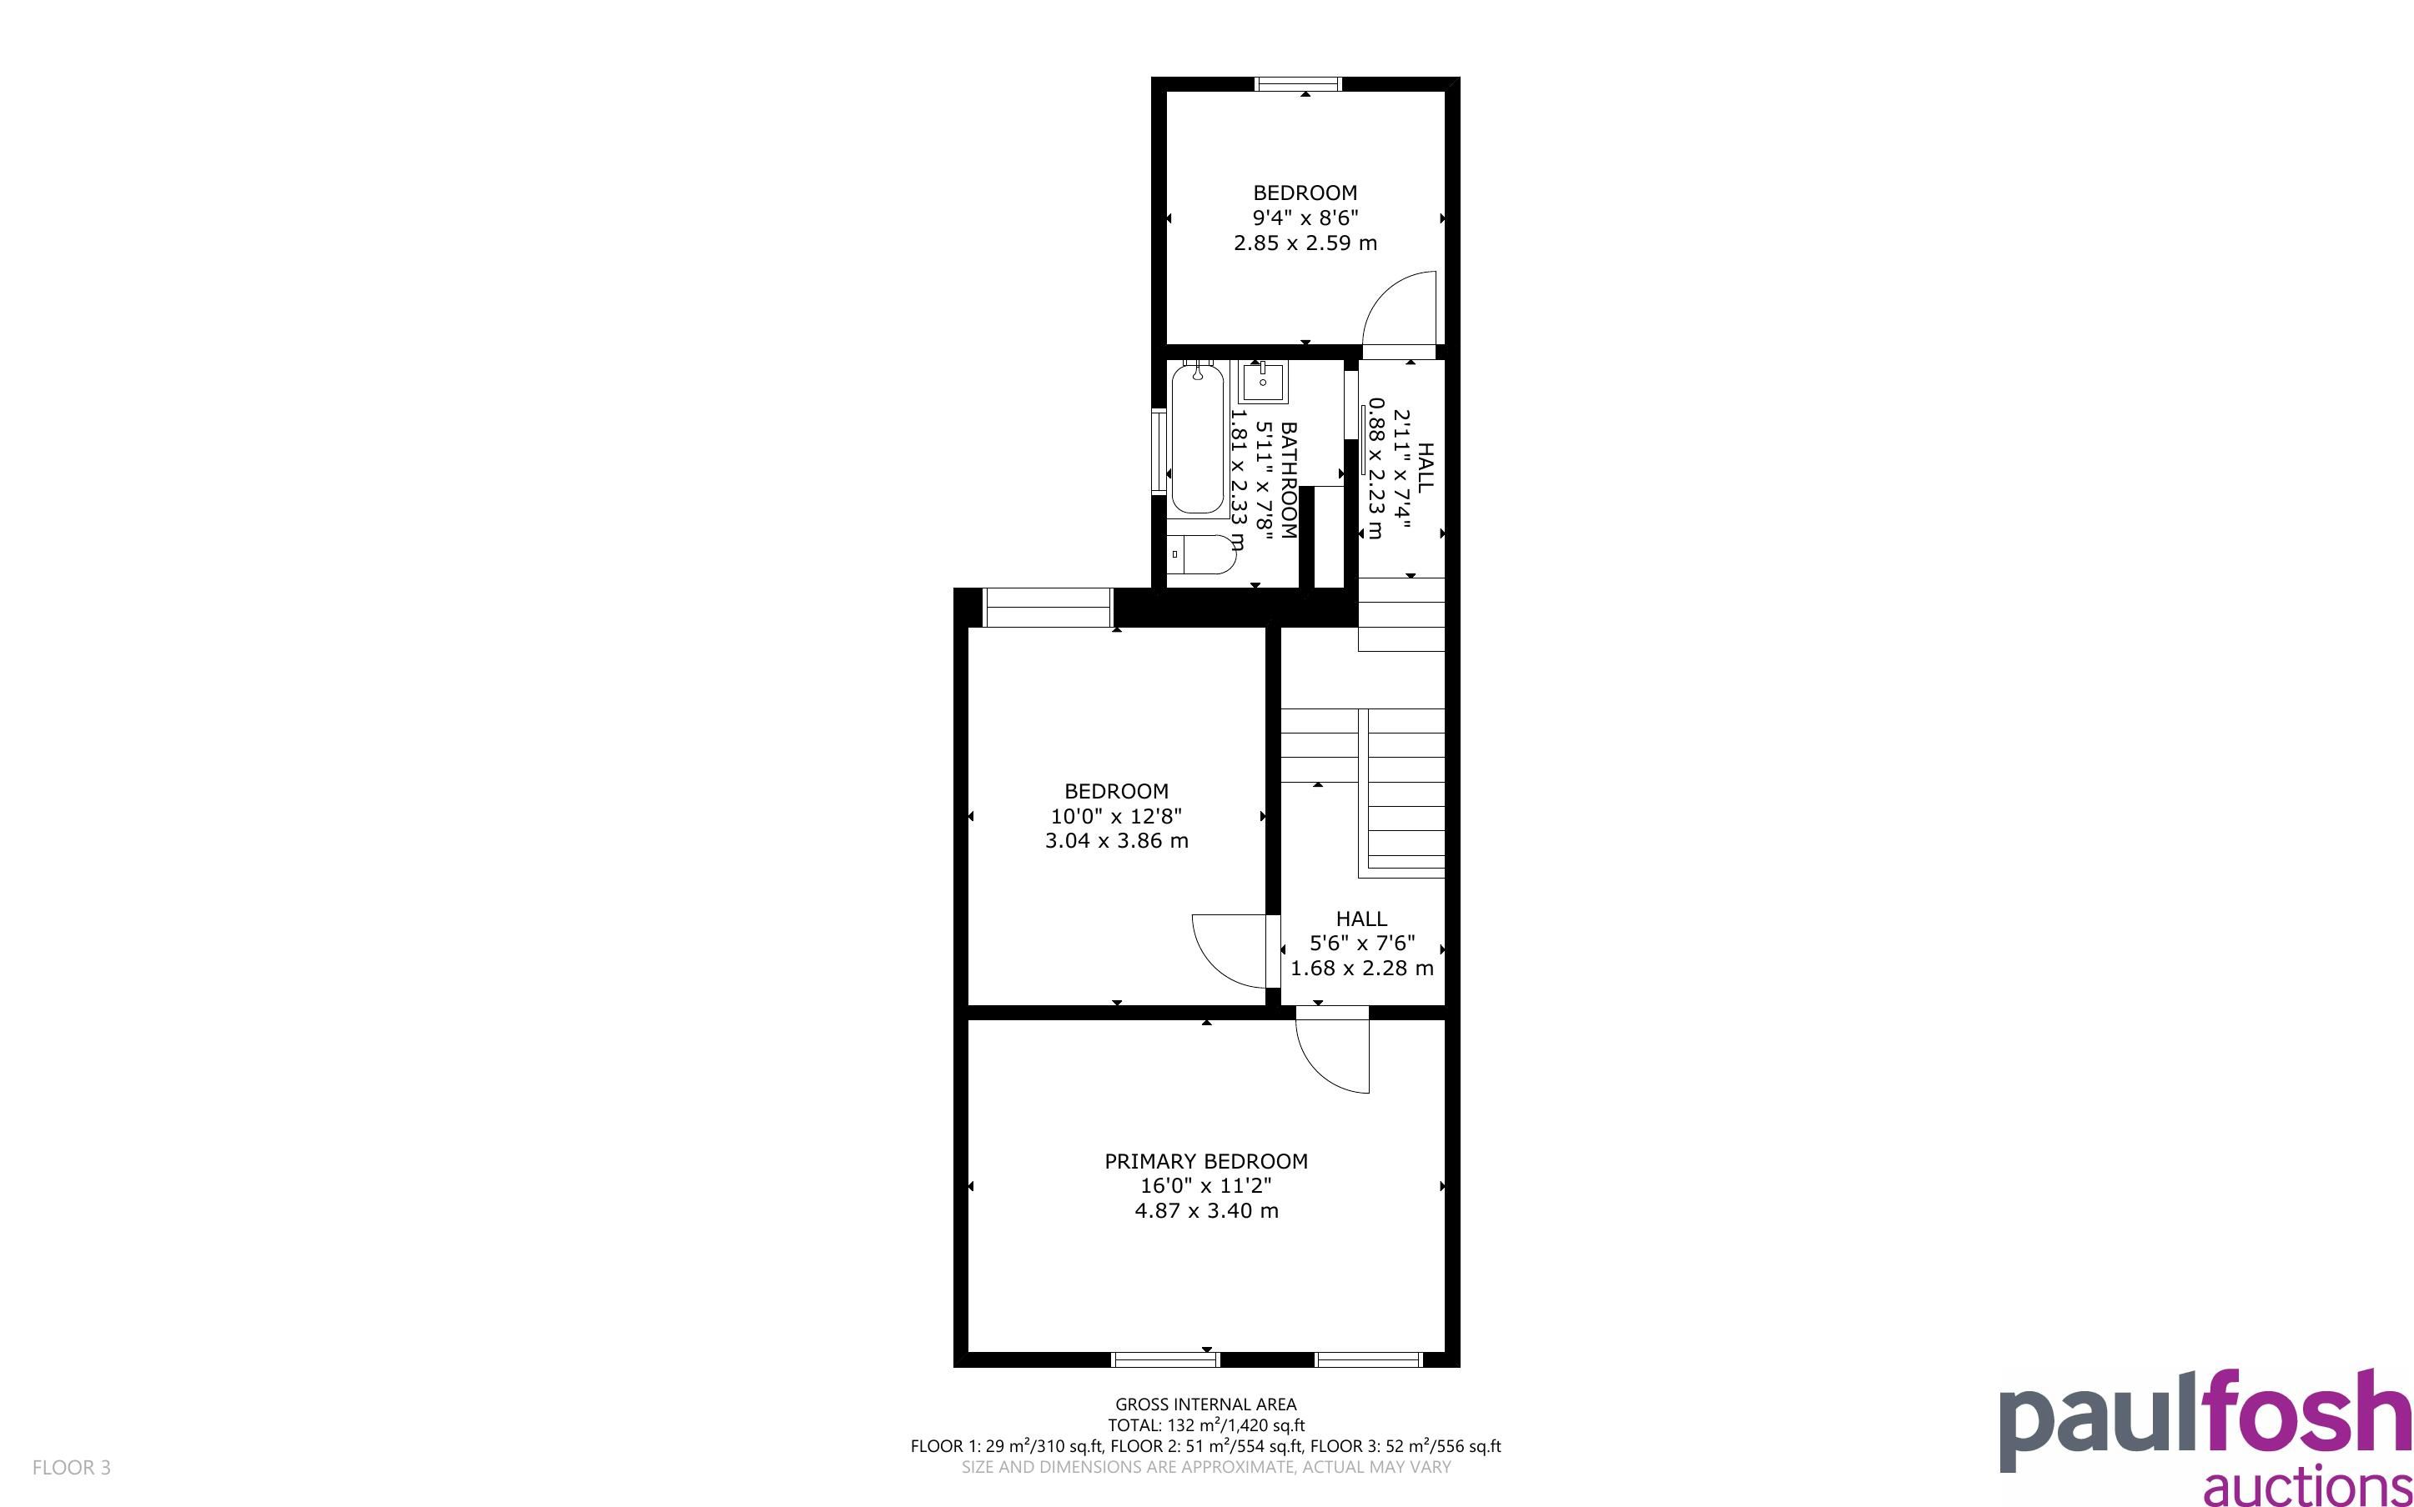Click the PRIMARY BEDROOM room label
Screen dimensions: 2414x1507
coord(1205,1161)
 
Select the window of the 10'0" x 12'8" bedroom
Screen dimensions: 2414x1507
coord(1047,607)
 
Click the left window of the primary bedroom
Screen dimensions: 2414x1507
coord(1165,1359)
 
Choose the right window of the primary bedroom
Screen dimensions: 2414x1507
coord(1368,1359)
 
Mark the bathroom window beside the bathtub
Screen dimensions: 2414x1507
coord(1159,452)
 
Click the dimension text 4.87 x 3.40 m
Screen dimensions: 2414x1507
coord(1206,1211)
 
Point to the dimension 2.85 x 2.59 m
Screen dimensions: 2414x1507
coord(1305,243)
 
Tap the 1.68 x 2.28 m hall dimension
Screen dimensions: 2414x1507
coord(1362,968)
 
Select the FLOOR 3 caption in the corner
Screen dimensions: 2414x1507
coord(72,1467)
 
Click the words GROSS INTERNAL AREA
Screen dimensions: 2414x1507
coord(1205,1404)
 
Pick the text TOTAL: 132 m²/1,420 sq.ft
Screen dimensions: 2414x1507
coord(1205,1425)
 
